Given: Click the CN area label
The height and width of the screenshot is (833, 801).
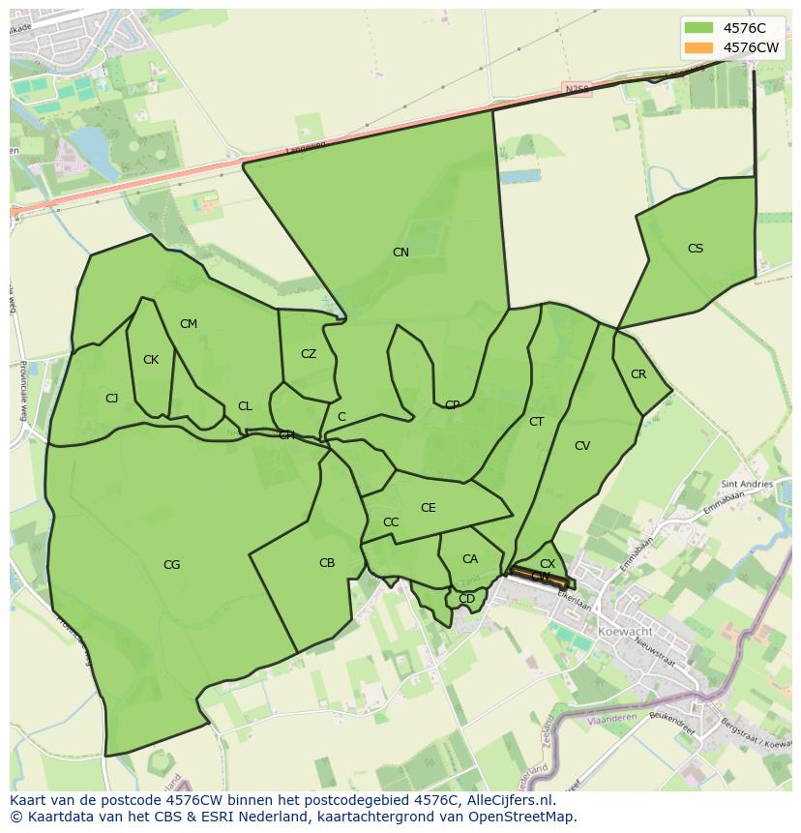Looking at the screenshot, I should [x=400, y=253].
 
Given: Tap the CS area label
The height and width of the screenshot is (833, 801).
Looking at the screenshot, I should [x=696, y=249].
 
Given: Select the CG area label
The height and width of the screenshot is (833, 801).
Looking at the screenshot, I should [x=171, y=565].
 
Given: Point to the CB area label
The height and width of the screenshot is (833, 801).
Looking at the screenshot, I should [x=327, y=563].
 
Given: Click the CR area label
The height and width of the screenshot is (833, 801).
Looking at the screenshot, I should [x=638, y=374].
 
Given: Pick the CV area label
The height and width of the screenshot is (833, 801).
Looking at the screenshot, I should [x=582, y=446].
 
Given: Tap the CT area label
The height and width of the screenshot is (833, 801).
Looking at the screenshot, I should [x=537, y=422].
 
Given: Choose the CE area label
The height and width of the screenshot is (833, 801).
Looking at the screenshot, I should [x=429, y=508].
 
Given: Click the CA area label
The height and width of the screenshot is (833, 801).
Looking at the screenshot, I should [x=470, y=559].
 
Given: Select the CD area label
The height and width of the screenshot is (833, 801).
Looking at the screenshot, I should [x=467, y=599].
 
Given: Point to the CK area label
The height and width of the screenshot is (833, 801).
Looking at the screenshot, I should [x=151, y=360].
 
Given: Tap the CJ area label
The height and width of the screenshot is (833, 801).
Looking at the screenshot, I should [x=112, y=399].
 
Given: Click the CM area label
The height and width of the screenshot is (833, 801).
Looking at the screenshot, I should [x=189, y=324].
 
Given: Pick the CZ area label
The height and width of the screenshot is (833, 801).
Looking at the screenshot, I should [x=309, y=354].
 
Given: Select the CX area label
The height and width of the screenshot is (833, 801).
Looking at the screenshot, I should [x=548, y=564].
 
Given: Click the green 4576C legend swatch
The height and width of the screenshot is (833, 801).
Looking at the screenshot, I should [x=697, y=27].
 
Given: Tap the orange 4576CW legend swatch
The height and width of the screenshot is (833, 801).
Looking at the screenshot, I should [x=697, y=47].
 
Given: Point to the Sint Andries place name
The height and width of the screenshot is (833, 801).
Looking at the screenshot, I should [x=747, y=484].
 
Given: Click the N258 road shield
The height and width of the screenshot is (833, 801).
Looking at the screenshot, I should [x=577, y=89].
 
